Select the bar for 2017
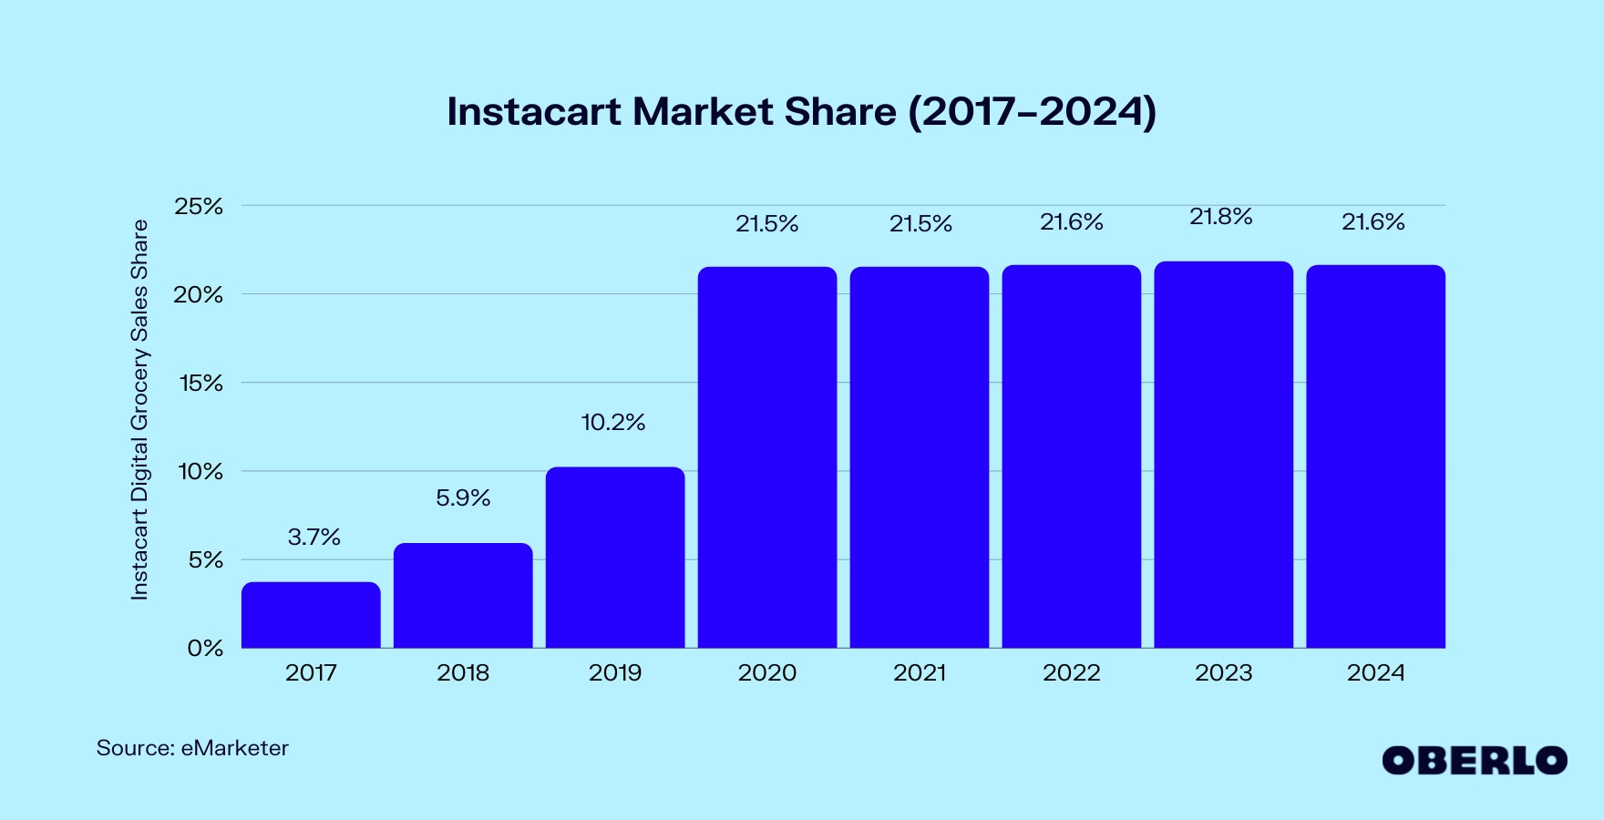[x=311, y=615]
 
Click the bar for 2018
[x=463, y=596]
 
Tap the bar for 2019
[x=615, y=558]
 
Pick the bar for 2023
[x=1223, y=456]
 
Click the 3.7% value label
[x=314, y=538]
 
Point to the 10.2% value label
[x=612, y=423]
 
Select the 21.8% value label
[x=1220, y=217]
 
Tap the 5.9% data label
[x=463, y=498]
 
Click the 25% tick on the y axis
[x=199, y=207]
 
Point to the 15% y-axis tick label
[x=200, y=384]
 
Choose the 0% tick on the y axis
[x=205, y=649]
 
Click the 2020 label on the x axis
[x=766, y=673]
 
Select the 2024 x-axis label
[x=1375, y=673]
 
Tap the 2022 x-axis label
[x=1071, y=673]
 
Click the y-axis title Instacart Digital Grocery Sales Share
[x=139, y=410]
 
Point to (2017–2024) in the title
[x=1032, y=112]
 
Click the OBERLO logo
[x=1474, y=761]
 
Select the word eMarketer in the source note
[x=234, y=748]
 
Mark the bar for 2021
[x=919, y=456]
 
